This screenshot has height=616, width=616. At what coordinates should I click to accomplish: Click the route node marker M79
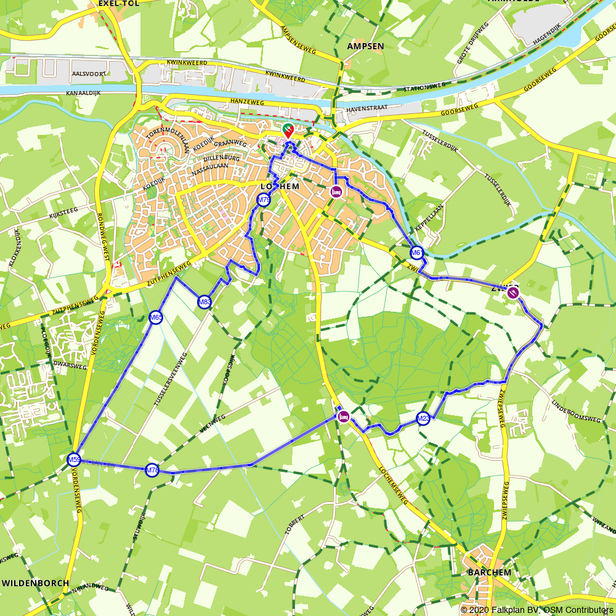[264, 200]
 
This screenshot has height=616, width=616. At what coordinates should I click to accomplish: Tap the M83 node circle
[205, 302]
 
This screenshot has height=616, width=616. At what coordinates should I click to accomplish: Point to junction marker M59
[74, 460]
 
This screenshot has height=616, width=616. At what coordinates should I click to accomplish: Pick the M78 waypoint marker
[152, 471]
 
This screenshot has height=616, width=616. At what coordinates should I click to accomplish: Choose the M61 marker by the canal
[417, 253]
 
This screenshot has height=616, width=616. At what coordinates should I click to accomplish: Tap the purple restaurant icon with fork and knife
[513, 293]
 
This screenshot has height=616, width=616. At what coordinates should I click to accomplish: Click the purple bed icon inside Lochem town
[336, 191]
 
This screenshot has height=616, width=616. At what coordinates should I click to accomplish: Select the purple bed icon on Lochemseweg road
[344, 416]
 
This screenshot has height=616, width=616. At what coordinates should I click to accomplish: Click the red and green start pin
[288, 130]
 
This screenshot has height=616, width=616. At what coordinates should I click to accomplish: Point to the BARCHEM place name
[489, 572]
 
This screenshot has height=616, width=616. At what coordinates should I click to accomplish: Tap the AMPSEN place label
[365, 46]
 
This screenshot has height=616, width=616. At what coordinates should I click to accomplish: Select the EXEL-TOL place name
[118, 3]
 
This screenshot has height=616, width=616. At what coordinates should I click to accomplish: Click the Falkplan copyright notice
[537, 610]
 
